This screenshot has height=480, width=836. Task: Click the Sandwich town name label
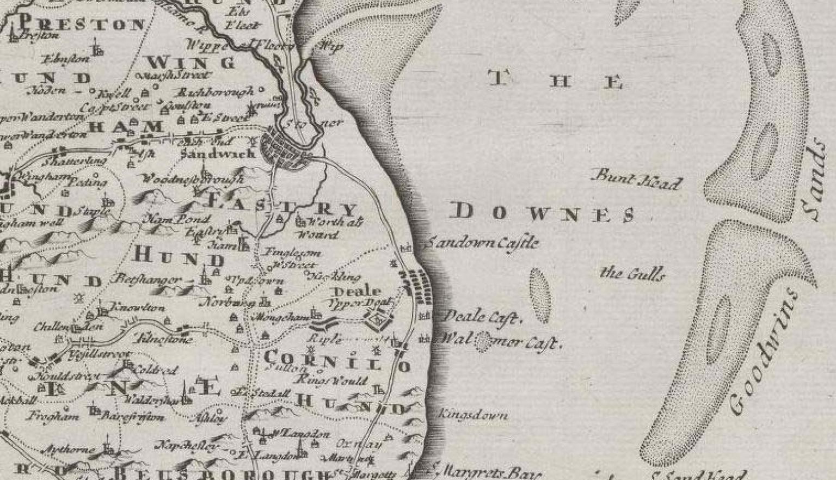217,154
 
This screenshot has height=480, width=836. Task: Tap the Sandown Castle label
482,243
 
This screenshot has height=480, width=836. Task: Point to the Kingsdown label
473,415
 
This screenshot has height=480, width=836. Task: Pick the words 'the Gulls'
632,273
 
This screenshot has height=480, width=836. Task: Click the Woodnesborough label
193,179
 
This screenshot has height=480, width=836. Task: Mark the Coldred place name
155,370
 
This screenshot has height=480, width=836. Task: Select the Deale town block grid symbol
418,286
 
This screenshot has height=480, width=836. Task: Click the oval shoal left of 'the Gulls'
539,295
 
